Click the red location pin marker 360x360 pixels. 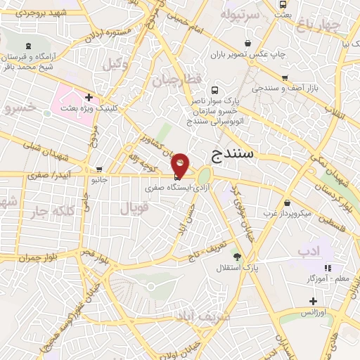tap(180, 165)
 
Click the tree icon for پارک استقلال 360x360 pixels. tap(238, 257)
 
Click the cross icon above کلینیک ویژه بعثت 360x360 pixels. tap(89, 97)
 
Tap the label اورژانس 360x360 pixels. tap(311, 311)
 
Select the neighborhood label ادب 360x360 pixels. tap(324, 251)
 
